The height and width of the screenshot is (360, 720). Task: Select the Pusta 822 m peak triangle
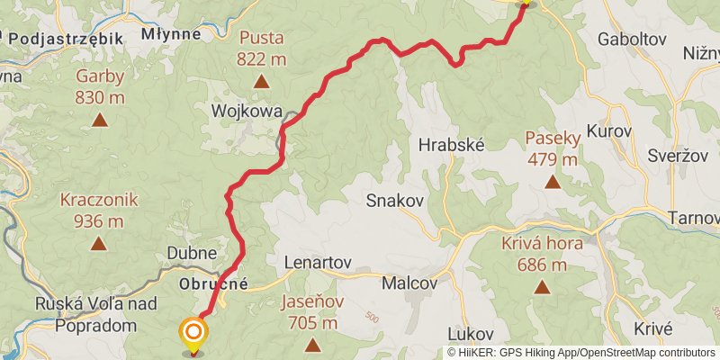click(x=261, y=82)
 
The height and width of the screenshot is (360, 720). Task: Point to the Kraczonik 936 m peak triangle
click(x=99, y=243)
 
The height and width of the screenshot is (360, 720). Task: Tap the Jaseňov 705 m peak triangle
click(x=312, y=345)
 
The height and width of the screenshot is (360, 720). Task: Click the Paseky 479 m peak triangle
click(x=552, y=182)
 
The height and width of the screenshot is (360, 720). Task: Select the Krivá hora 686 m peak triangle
click(x=542, y=287)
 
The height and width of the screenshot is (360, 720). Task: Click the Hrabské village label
click(x=452, y=144)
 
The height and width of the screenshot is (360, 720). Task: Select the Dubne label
click(x=192, y=255)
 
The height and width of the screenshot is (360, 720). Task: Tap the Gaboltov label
click(x=631, y=39)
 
